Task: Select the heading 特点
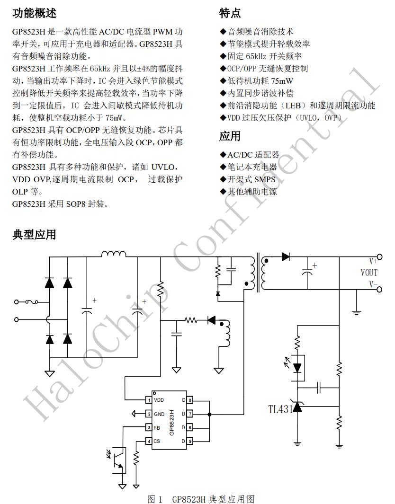pos(230,13)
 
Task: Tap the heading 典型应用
pos(34,234)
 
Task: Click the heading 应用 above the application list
pos(230,136)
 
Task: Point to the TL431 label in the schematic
pos(280,409)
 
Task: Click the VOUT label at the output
pos(369,273)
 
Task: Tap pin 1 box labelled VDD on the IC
pos(149,400)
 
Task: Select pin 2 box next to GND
pos(149,414)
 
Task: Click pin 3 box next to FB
pos(149,428)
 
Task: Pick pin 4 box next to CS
pos(149,442)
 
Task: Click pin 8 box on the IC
pos(190,400)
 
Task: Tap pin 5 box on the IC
pos(190,442)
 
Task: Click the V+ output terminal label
pos(373,261)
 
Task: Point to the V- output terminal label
pos(373,284)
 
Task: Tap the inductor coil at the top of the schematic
pos(114,254)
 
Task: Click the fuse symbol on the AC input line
pos(34,301)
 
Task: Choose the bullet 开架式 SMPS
pos(251,179)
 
